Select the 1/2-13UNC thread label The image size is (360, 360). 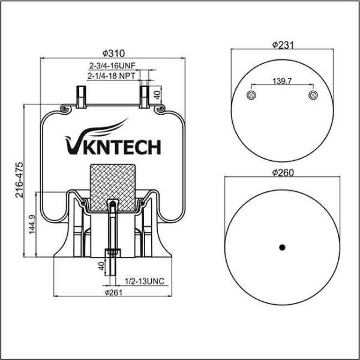[x=143, y=281]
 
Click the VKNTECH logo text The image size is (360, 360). [x=112, y=146]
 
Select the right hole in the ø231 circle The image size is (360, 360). [x=312, y=97]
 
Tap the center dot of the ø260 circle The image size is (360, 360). [x=281, y=247]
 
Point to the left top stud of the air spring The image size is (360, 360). [x=80, y=95]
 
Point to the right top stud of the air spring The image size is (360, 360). [x=145, y=95]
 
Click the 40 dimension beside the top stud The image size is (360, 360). [x=157, y=94]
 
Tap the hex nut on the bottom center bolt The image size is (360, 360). [x=112, y=253]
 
